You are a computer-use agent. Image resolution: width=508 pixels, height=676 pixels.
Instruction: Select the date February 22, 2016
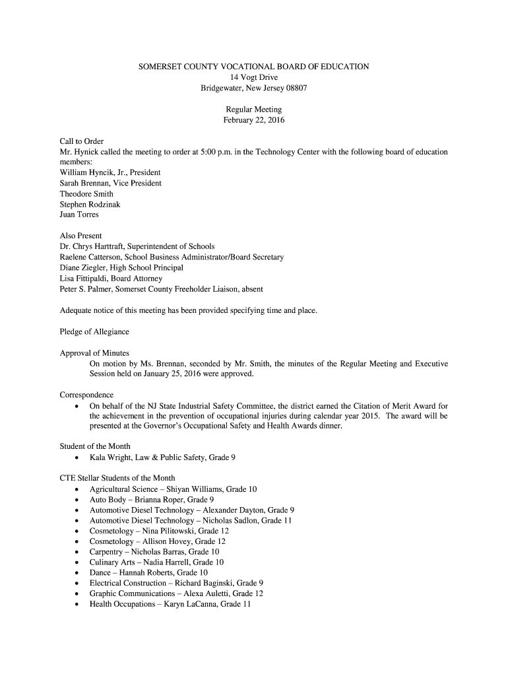point(254,120)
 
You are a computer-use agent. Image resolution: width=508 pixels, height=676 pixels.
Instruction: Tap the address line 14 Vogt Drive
point(254,77)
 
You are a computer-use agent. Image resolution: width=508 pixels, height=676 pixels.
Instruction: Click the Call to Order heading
point(82,141)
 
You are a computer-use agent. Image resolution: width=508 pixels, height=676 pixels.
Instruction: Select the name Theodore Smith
point(86,194)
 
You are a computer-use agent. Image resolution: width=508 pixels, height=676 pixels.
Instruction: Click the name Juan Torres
point(79,215)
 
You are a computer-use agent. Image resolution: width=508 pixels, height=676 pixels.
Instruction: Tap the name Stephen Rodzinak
point(90,205)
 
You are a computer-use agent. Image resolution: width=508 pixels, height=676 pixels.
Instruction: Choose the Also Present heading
point(81,236)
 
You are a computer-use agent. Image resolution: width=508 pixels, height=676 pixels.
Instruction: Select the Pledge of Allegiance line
point(94,331)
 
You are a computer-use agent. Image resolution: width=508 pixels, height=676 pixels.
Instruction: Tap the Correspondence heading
point(86,395)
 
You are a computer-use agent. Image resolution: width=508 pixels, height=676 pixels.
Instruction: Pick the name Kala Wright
point(112,457)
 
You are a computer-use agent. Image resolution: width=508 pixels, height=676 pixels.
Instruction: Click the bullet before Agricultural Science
point(78,490)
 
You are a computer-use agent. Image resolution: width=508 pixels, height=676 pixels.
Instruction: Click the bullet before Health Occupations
point(78,605)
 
